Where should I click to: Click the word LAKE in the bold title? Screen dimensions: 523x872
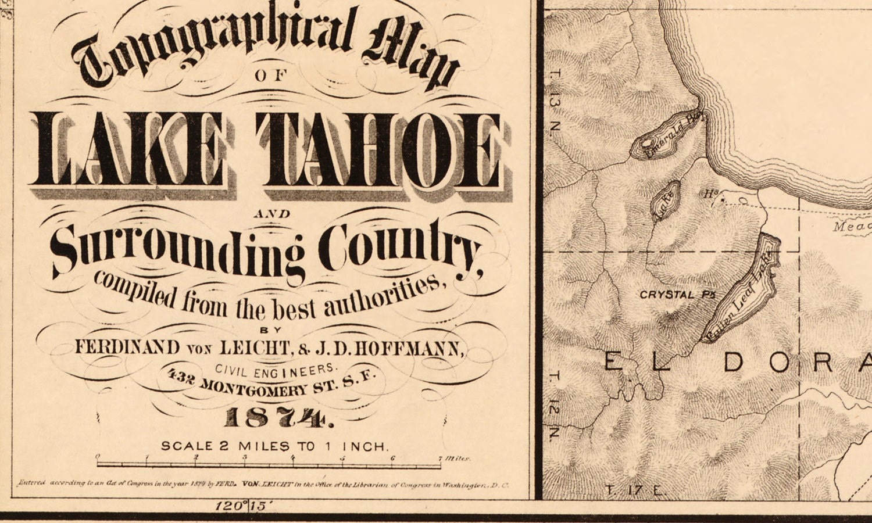pyautogui.click(x=126, y=150)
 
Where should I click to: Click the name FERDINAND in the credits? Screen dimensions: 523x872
pyautogui.click(x=127, y=348)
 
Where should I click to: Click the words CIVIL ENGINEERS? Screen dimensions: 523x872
pyautogui.click(x=276, y=369)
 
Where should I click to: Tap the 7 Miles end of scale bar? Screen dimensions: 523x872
pyautogui.click(x=453, y=459)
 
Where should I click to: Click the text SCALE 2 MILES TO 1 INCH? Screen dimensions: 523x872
pyautogui.click(x=274, y=446)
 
